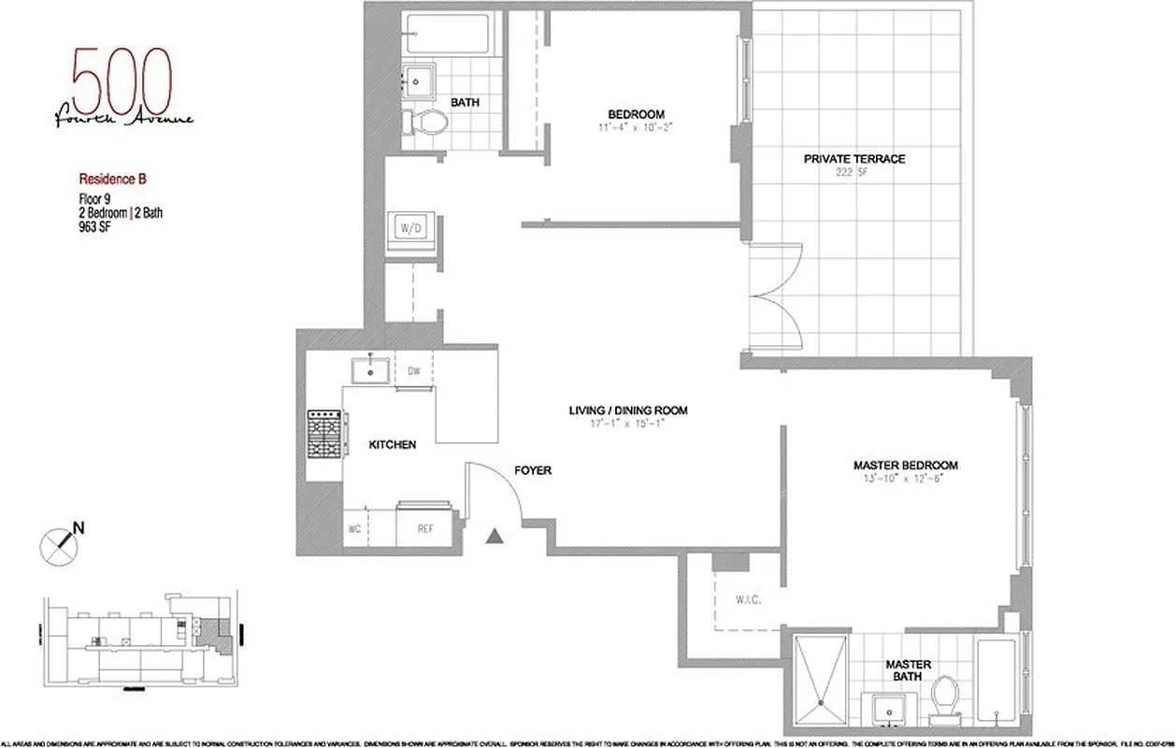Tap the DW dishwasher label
[413, 371]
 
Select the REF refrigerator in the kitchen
[425, 528]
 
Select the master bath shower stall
[821, 680]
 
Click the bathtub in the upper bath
[448, 35]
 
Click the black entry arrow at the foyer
[497, 535]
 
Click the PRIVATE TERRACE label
[853, 159]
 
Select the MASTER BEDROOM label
[905, 465]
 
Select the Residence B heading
[111, 177]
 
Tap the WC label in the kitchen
[355, 529]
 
